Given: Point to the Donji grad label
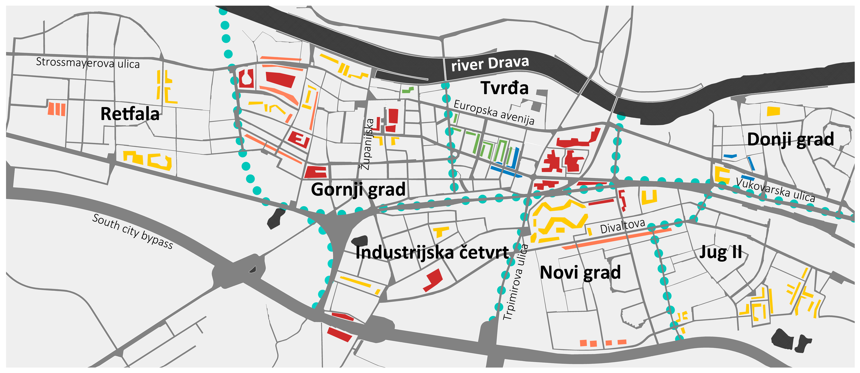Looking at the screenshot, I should click(790, 139).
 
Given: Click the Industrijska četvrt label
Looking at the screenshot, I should click(432, 252).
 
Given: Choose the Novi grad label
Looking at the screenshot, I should click(580, 272).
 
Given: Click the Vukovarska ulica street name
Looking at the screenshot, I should click(775, 190).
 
